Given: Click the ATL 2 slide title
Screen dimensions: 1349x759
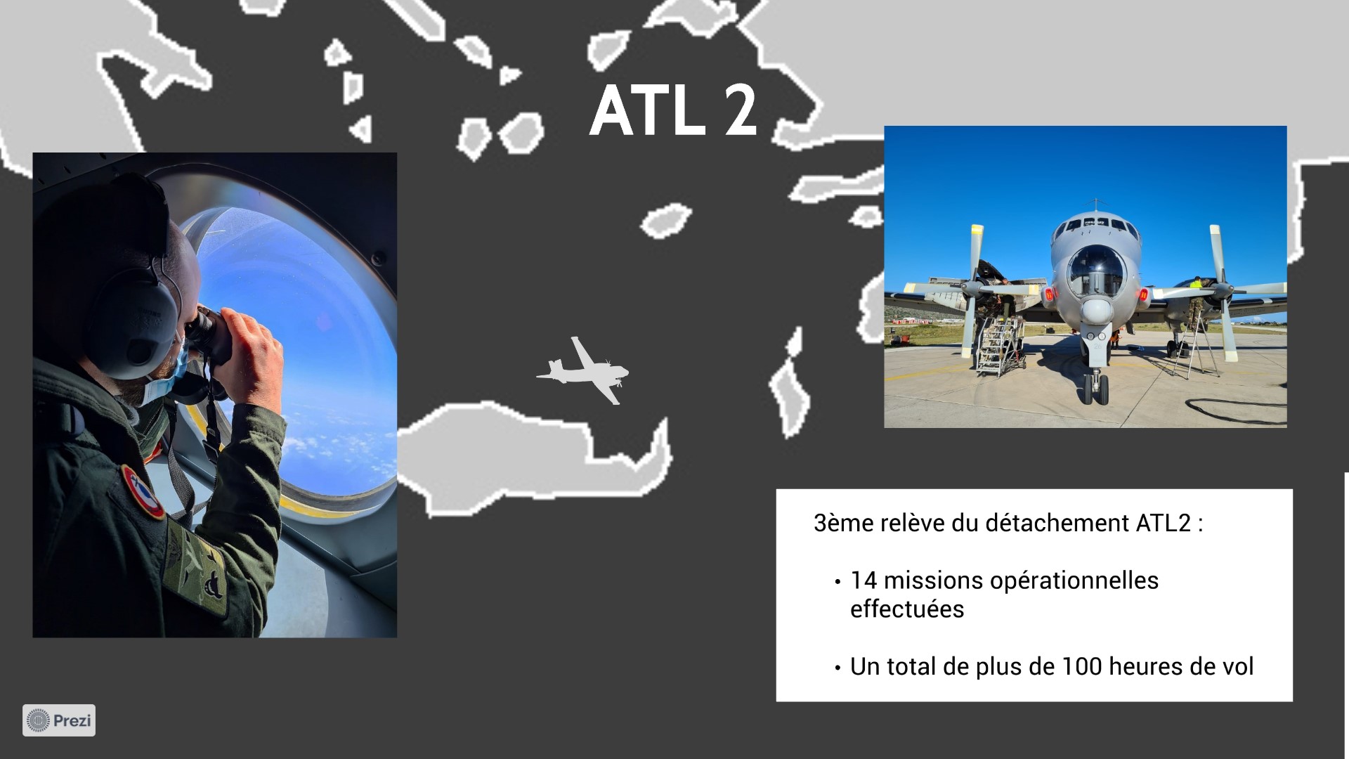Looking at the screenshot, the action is coord(673,111).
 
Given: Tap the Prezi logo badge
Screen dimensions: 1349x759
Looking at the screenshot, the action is coord(59,720).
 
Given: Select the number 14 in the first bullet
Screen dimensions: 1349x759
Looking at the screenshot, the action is coord(864,580).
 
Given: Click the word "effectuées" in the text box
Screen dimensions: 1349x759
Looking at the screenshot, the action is coord(907,609).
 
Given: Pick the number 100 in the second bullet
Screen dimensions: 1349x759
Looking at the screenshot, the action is coord(1083,666).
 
